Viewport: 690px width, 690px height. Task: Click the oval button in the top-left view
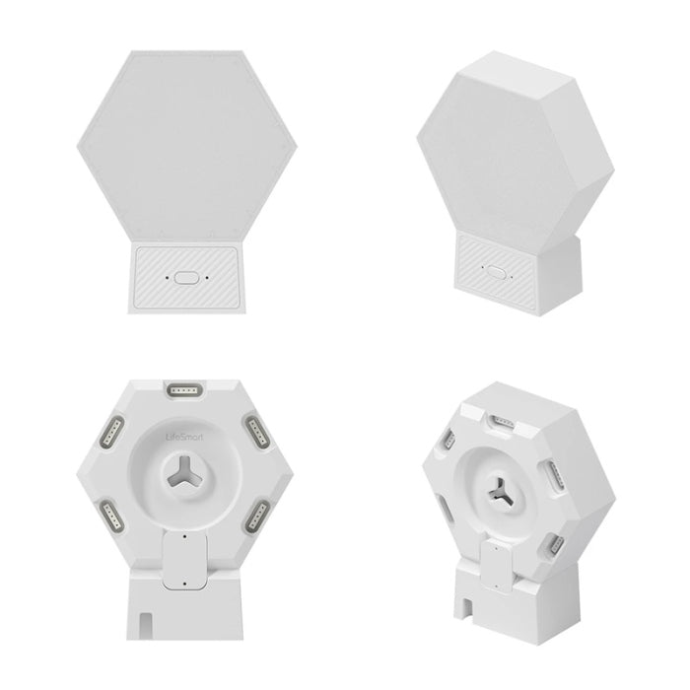coord(186,278)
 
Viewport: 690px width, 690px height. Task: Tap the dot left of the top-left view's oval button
coord(167,278)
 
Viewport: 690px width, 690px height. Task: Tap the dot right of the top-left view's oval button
coord(207,278)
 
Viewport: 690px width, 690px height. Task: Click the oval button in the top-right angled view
coord(496,272)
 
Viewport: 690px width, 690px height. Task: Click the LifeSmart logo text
coord(185,437)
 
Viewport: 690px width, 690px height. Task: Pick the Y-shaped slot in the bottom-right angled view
coord(500,492)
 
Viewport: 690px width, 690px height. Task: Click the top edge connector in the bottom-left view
coord(185,390)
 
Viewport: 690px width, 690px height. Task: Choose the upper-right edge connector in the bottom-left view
coord(258,432)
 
